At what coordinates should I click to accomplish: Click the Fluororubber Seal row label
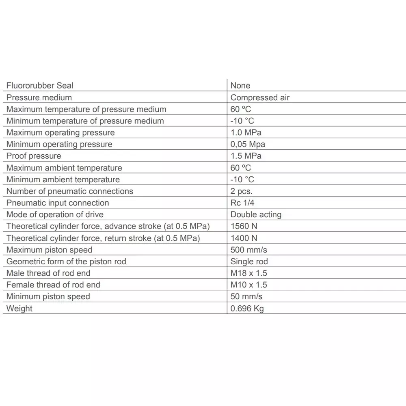coord(40,86)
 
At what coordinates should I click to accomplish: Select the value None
coord(240,86)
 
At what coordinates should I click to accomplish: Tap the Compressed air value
coord(260,97)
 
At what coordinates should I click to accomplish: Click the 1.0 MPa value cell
coord(246,133)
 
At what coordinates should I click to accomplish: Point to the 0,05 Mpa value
coord(248,145)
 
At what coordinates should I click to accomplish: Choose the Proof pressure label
coord(34,156)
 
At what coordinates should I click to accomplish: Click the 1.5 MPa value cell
coord(246,156)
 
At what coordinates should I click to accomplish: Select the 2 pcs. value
coord(241,191)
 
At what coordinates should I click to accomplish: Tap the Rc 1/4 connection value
coord(242,203)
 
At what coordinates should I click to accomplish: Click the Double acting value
coord(256,215)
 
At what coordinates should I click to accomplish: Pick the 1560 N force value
coord(244,227)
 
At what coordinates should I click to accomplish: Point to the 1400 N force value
coord(244,238)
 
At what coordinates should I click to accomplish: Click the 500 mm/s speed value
coord(249,250)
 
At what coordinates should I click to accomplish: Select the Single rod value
coord(249,262)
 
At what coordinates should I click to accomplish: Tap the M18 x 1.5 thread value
coord(249,273)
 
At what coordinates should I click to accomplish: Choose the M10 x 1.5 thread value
coord(249,285)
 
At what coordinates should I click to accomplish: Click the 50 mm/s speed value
coord(246,297)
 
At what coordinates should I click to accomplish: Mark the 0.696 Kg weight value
coord(247,309)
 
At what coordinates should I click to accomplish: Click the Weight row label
coord(19,309)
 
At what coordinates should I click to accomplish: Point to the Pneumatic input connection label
coord(58,203)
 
